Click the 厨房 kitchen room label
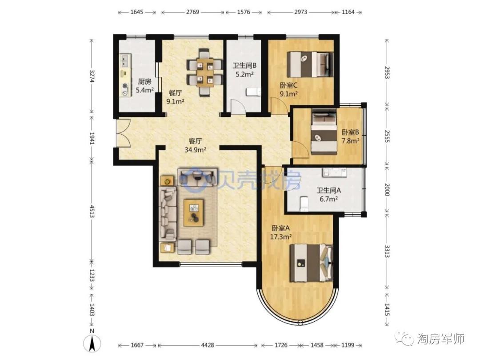click(144, 82)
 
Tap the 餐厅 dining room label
click(175, 93)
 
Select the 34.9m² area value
click(195, 150)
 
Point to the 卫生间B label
click(244, 65)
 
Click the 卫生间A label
click(328, 190)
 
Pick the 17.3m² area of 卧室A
click(281, 236)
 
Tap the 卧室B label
click(351, 132)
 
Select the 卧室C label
click(289, 85)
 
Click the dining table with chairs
click(204, 72)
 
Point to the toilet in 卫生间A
click(304, 204)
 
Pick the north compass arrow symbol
click(92, 343)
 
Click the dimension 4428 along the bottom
click(207, 345)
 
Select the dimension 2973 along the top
click(300, 12)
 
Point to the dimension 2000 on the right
click(386, 190)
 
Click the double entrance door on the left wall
click(123, 133)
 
